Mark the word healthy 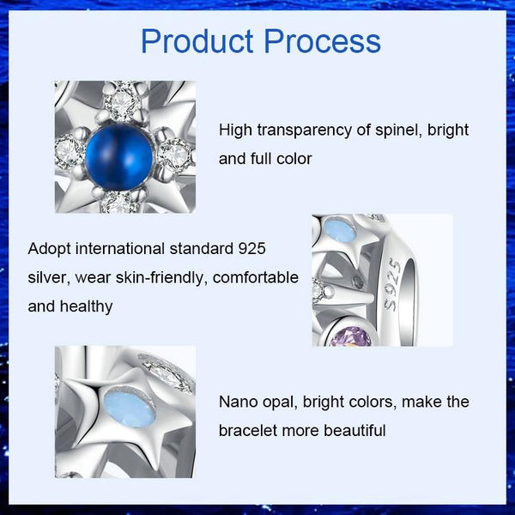click(85, 306)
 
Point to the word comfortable click(256, 277)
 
